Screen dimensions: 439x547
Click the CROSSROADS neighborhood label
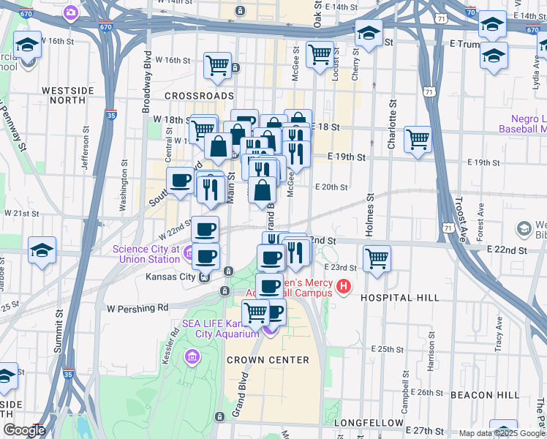tap(199, 96)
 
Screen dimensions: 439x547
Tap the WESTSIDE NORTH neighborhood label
tap(68, 95)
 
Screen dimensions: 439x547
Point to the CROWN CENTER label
tap(268, 360)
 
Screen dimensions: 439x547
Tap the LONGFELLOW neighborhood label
tap(369, 423)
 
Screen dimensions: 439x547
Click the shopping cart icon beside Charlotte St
tap(418, 138)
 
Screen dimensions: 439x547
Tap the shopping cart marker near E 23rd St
tap(377, 258)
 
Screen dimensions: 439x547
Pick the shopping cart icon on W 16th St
tap(218, 66)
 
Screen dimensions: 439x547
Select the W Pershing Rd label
tap(137, 307)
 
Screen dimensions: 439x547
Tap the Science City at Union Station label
tap(146, 254)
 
